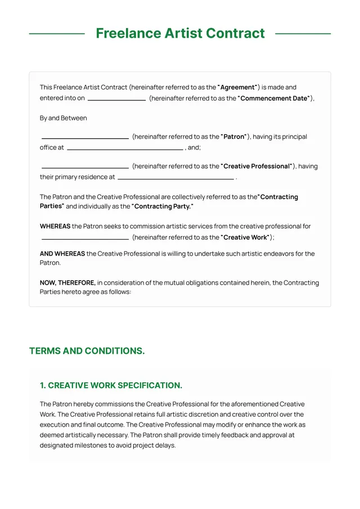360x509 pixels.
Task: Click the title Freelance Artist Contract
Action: [x=180, y=33]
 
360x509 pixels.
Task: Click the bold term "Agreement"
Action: [x=237, y=87]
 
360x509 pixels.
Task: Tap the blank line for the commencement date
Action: [x=116, y=100]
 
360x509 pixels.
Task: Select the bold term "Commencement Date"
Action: [x=274, y=98]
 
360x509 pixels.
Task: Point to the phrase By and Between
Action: [x=63, y=118]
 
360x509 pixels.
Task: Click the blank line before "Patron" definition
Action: [x=85, y=138]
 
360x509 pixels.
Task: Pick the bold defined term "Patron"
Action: [x=234, y=137]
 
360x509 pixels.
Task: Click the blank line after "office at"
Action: [x=125, y=149]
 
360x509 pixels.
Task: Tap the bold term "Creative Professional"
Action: [x=257, y=166]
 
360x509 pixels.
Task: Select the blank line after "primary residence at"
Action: [x=175, y=178]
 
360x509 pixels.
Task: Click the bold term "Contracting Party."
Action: [x=163, y=206]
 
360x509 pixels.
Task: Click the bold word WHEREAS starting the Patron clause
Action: [x=55, y=226]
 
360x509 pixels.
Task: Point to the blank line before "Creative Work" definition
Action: [x=85, y=238]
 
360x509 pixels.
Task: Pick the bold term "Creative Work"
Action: [x=245, y=237]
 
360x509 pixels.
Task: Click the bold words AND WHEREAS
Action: [x=62, y=254]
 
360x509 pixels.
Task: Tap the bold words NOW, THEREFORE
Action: [x=67, y=283]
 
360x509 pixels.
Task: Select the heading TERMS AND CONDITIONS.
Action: [x=87, y=351]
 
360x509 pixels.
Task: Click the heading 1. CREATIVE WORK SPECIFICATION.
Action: [x=111, y=385]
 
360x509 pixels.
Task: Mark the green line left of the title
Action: [x=56, y=34]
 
